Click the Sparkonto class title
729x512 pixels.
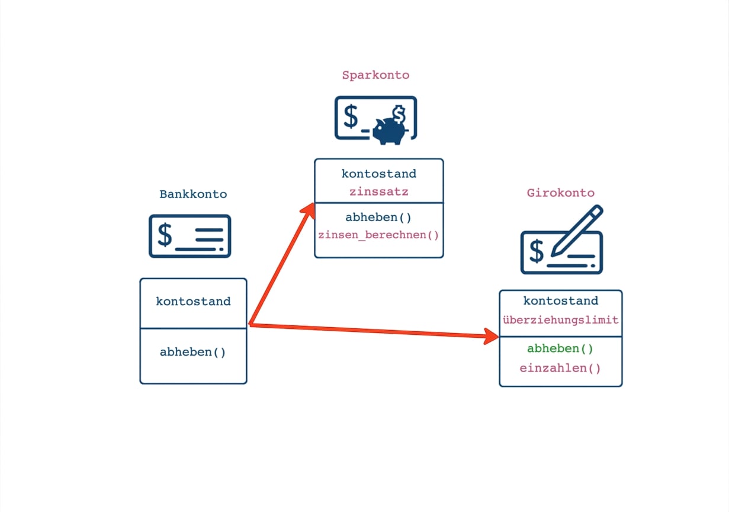point(375,75)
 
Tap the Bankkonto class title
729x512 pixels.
point(193,194)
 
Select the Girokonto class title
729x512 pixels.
point(560,193)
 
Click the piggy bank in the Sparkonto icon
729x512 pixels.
point(390,131)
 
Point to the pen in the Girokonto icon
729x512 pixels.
point(577,231)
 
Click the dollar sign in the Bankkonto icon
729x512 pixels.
point(165,235)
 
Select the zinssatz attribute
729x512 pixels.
point(379,192)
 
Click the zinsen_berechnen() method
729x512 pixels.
point(378,235)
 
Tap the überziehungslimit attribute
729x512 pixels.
point(560,320)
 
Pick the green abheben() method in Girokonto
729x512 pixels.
point(560,348)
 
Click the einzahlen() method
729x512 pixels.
point(560,368)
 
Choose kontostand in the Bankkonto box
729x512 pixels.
point(193,301)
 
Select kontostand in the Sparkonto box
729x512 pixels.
point(379,174)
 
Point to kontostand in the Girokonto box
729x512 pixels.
point(561,300)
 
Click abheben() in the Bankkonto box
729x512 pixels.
point(192,352)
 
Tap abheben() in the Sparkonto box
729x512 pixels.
point(378,217)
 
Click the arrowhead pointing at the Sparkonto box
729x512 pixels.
point(309,210)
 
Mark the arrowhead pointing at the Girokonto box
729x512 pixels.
point(491,336)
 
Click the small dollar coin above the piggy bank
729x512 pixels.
point(399,114)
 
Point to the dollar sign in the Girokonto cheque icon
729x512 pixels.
point(537,251)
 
